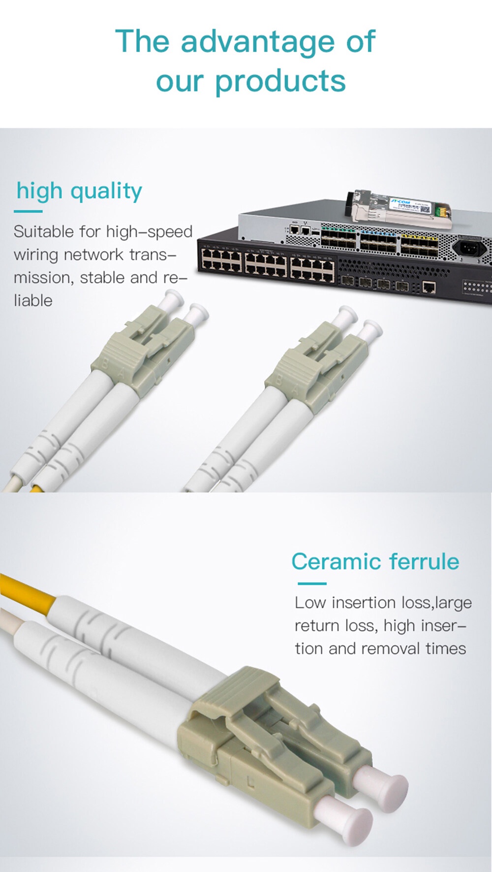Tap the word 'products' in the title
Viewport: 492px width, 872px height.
tap(280, 82)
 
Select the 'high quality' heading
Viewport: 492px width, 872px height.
tap(79, 191)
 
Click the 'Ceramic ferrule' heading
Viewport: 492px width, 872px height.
tap(375, 561)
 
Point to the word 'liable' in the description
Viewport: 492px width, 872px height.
tap(33, 300)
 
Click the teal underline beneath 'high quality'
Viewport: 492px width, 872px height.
tap(28, 211)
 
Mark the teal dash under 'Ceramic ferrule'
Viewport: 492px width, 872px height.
tap(312, 583)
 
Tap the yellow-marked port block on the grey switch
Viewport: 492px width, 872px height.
tap(419, 244)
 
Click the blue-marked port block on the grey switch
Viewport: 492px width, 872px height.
tap(378, 241)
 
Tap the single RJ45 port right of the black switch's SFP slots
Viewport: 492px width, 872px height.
tap(429, 287)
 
